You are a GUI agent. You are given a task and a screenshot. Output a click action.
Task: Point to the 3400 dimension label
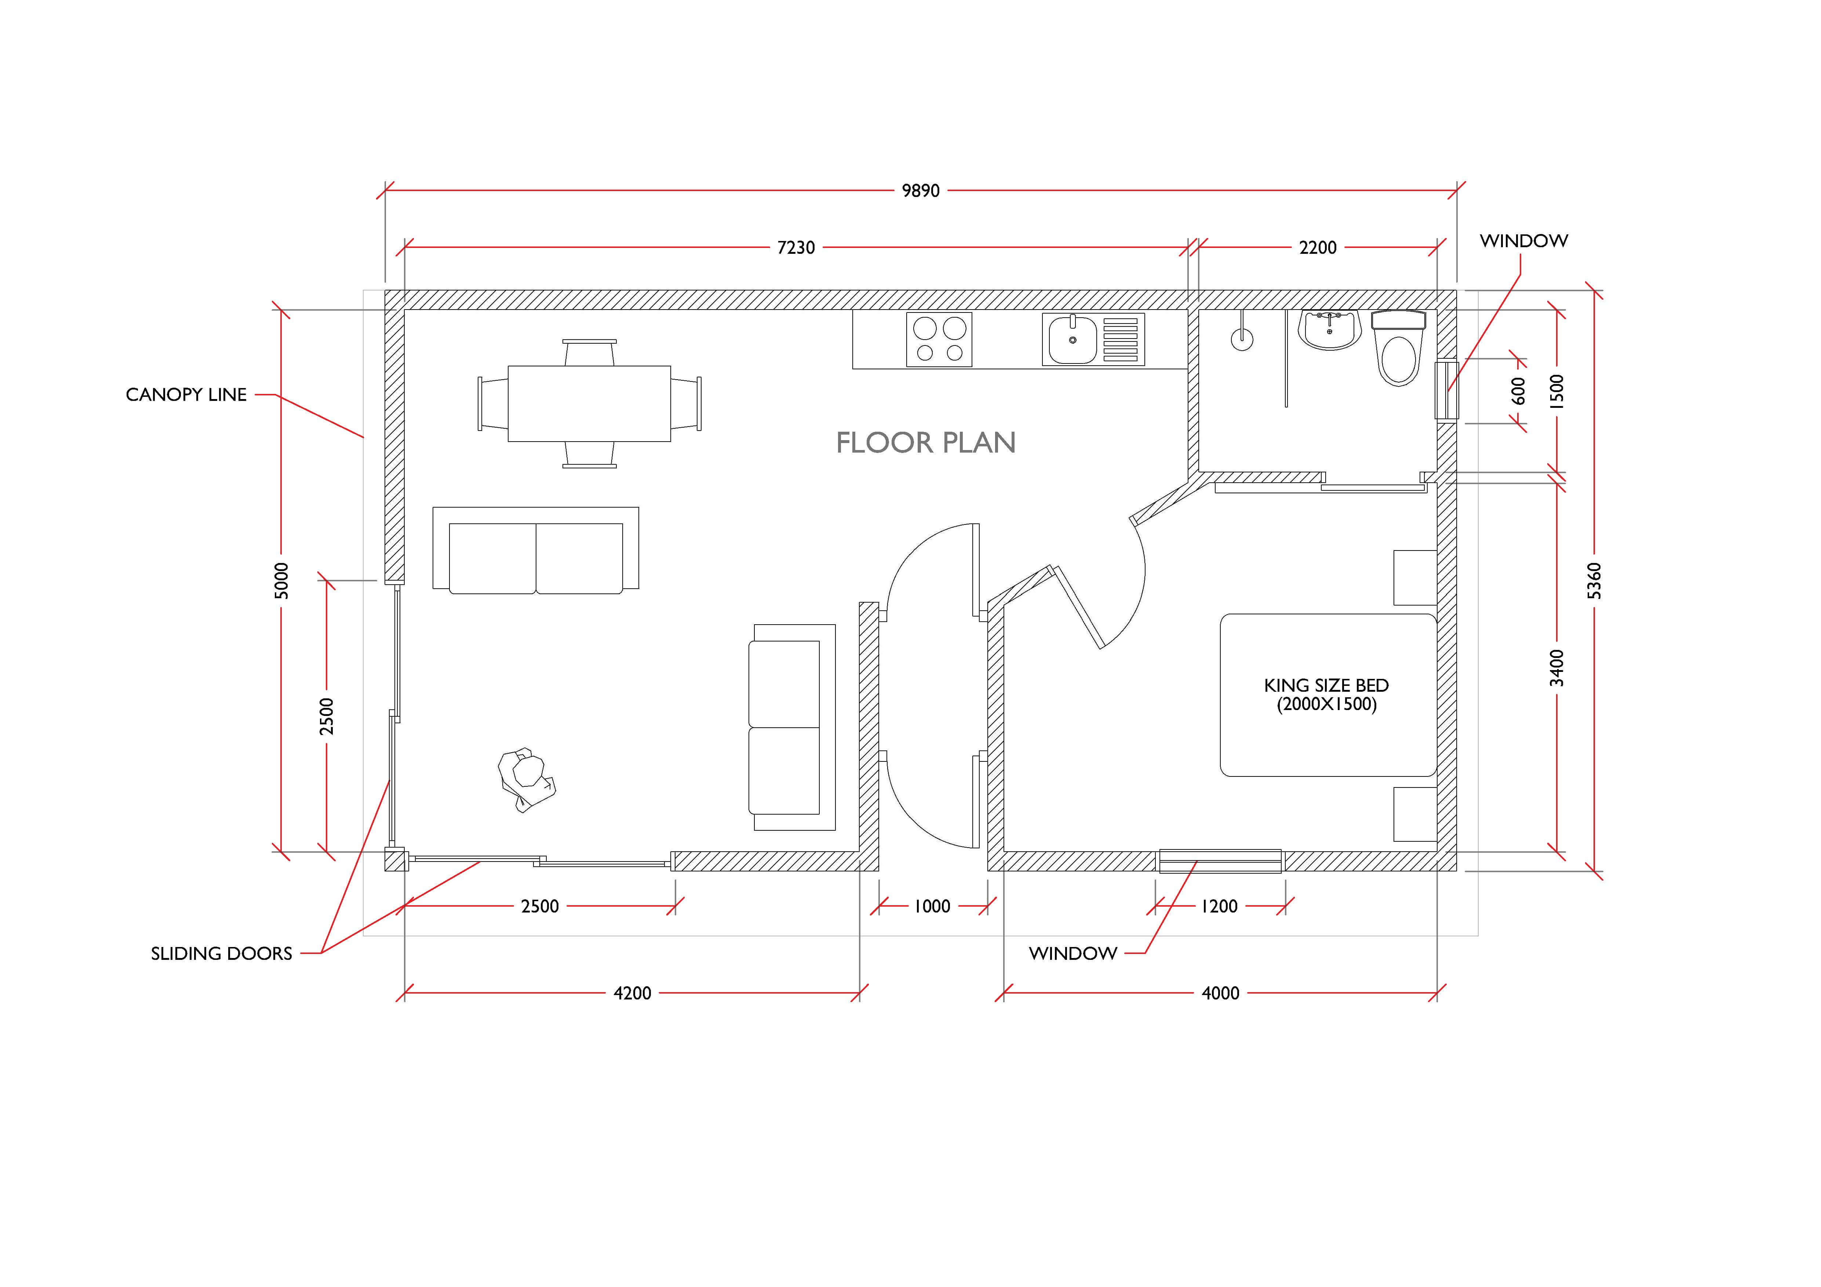(1557, 668)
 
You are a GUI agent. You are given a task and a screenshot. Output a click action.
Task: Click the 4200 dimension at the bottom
(632, 993)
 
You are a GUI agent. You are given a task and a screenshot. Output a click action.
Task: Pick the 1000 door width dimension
(932, 906)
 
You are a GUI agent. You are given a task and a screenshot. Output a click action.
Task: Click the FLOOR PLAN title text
(926, 442)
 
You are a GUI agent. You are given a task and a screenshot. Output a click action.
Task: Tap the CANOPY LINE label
(186, 395)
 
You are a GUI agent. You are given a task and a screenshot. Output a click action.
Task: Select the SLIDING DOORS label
(221, 953)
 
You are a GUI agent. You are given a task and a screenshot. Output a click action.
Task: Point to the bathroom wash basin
(1329, 330)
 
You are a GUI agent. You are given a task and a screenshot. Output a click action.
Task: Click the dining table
(589, 403)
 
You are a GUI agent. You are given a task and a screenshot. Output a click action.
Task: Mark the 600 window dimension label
(1518, 391)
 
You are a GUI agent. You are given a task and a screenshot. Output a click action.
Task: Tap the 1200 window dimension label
(1219, 906)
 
